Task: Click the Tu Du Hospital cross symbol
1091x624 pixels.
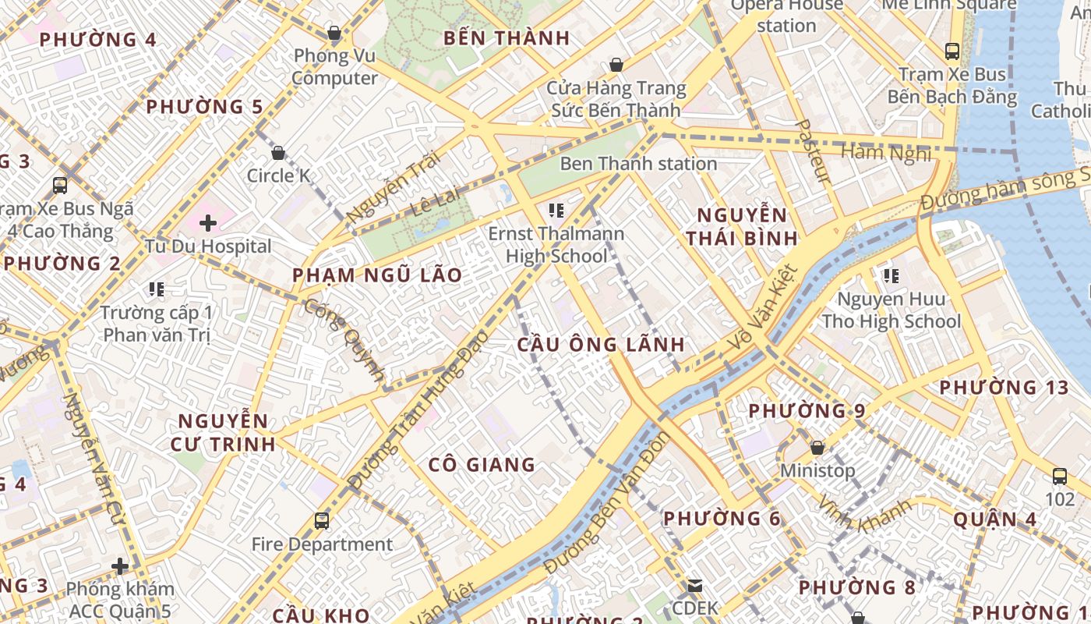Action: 207,223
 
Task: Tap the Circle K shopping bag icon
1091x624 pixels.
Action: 277,153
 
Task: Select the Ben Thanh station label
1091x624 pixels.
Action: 638,164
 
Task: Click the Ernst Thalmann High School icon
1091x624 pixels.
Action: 556,210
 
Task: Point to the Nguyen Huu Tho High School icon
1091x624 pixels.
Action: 892,275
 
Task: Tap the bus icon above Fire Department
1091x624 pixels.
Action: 322,520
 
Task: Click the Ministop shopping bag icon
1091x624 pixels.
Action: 817,448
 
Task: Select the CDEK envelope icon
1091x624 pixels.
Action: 694,585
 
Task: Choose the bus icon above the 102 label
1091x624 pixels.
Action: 1060,476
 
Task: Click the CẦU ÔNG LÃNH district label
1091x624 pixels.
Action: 601,344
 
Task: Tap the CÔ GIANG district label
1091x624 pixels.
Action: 482,465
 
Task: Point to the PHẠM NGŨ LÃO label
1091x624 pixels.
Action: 377,275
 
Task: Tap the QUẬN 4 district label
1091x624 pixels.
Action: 994,519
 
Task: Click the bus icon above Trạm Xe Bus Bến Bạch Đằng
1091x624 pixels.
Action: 952,51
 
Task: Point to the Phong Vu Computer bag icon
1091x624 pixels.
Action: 334,33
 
